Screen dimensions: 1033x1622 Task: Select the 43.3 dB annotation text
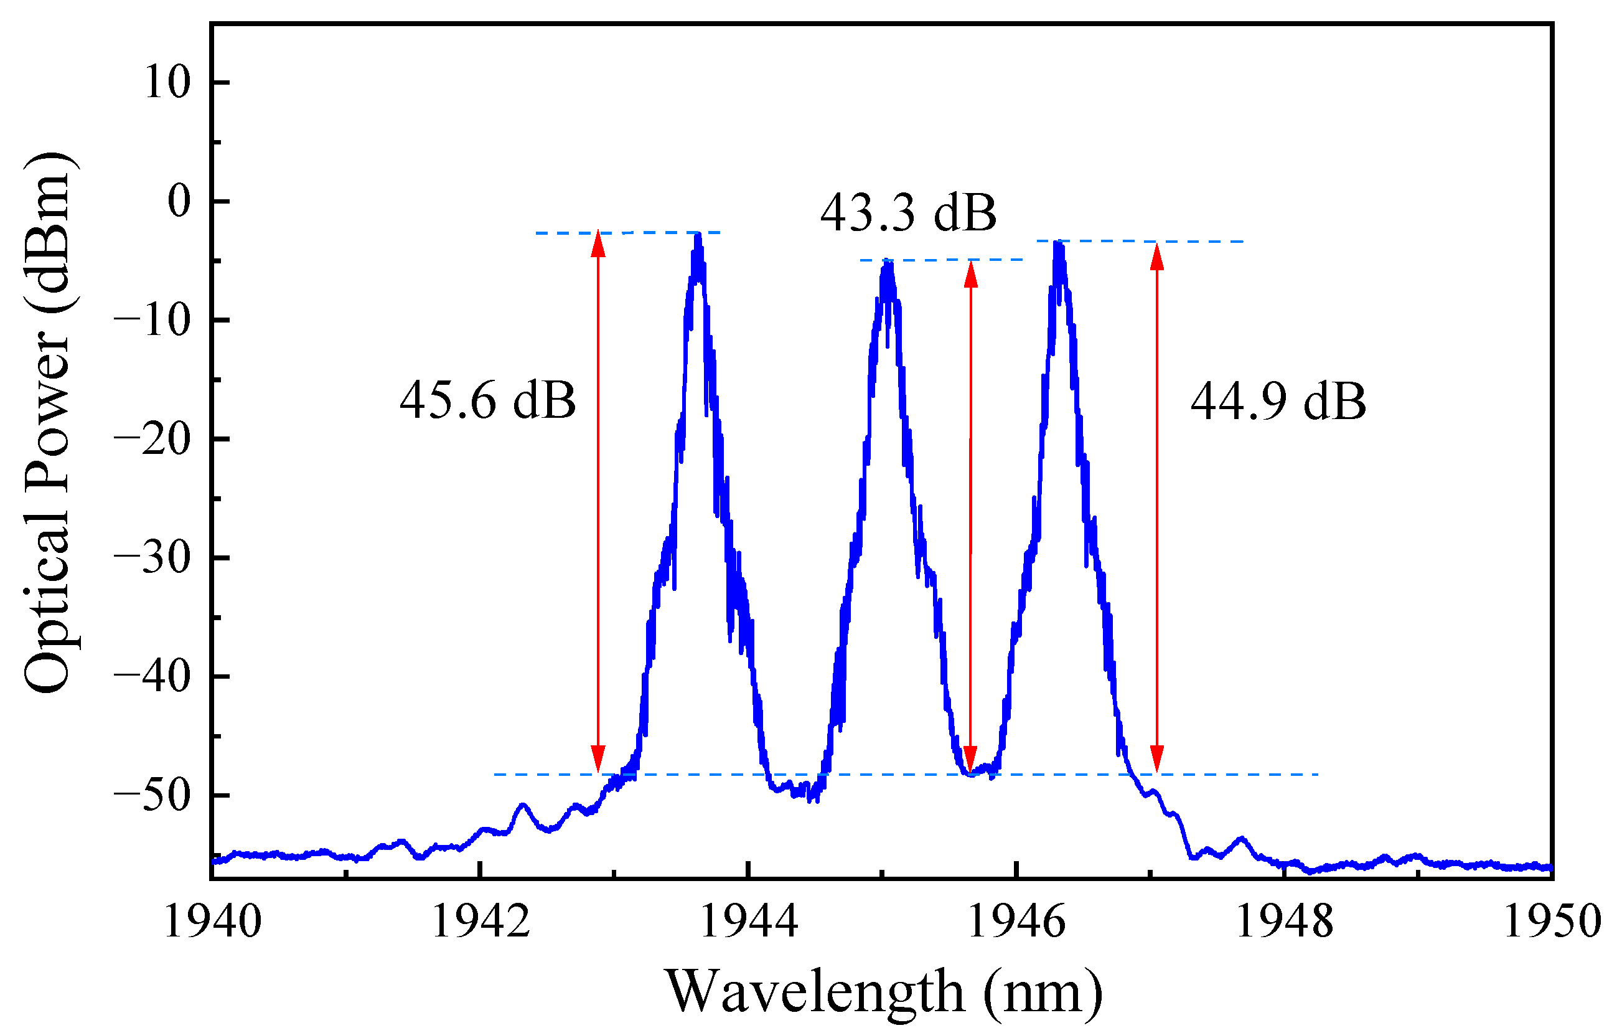pos(907,214)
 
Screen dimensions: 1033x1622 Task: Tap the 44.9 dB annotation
pos(1278,402)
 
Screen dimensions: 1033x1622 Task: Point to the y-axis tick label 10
pos(167,83)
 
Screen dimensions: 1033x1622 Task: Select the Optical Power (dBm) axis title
pos(49,422)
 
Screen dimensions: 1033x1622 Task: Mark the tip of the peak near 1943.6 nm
pos(698,235)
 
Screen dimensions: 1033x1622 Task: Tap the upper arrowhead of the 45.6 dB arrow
pos(598,243)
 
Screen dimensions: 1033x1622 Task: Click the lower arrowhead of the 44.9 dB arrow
pos(1156,760)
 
